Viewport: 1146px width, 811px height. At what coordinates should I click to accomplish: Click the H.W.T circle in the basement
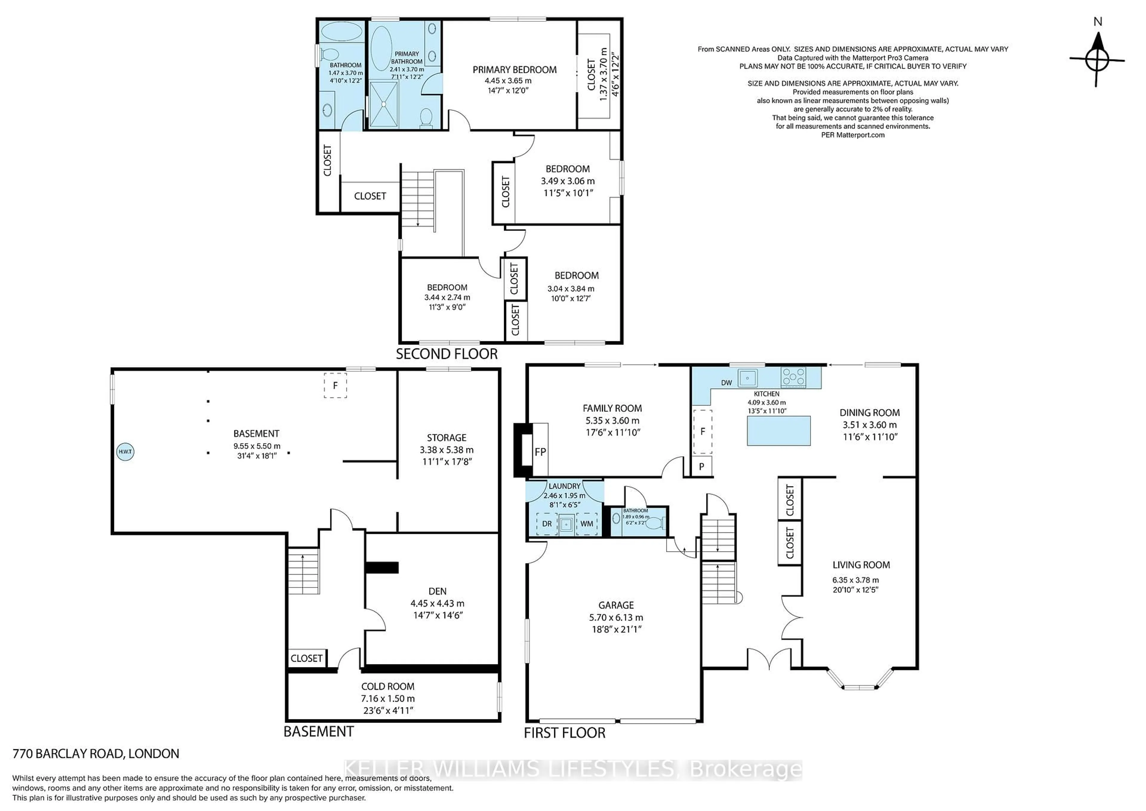click(125, 452)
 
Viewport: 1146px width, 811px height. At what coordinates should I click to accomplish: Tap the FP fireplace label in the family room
click(540, 452)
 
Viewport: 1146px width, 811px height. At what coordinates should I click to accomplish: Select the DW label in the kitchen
click(727, 383)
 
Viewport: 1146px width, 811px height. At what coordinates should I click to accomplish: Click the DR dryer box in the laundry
click(547, 524)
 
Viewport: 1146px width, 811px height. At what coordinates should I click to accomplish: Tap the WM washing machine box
click(587, 524)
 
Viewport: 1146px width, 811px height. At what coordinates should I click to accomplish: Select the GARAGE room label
click(616, 605)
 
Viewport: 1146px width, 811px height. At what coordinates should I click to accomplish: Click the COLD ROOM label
click(388, 687)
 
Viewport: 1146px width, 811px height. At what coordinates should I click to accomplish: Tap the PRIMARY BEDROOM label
click(515, 70)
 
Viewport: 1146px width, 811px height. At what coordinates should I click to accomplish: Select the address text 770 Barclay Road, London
click(96, 754)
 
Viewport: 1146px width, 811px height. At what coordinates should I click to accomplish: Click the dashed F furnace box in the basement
click(335, 385)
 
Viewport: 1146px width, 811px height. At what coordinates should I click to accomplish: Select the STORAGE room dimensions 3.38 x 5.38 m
click(447, 450)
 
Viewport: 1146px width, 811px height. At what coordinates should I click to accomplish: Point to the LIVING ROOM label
click(861, 565)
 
